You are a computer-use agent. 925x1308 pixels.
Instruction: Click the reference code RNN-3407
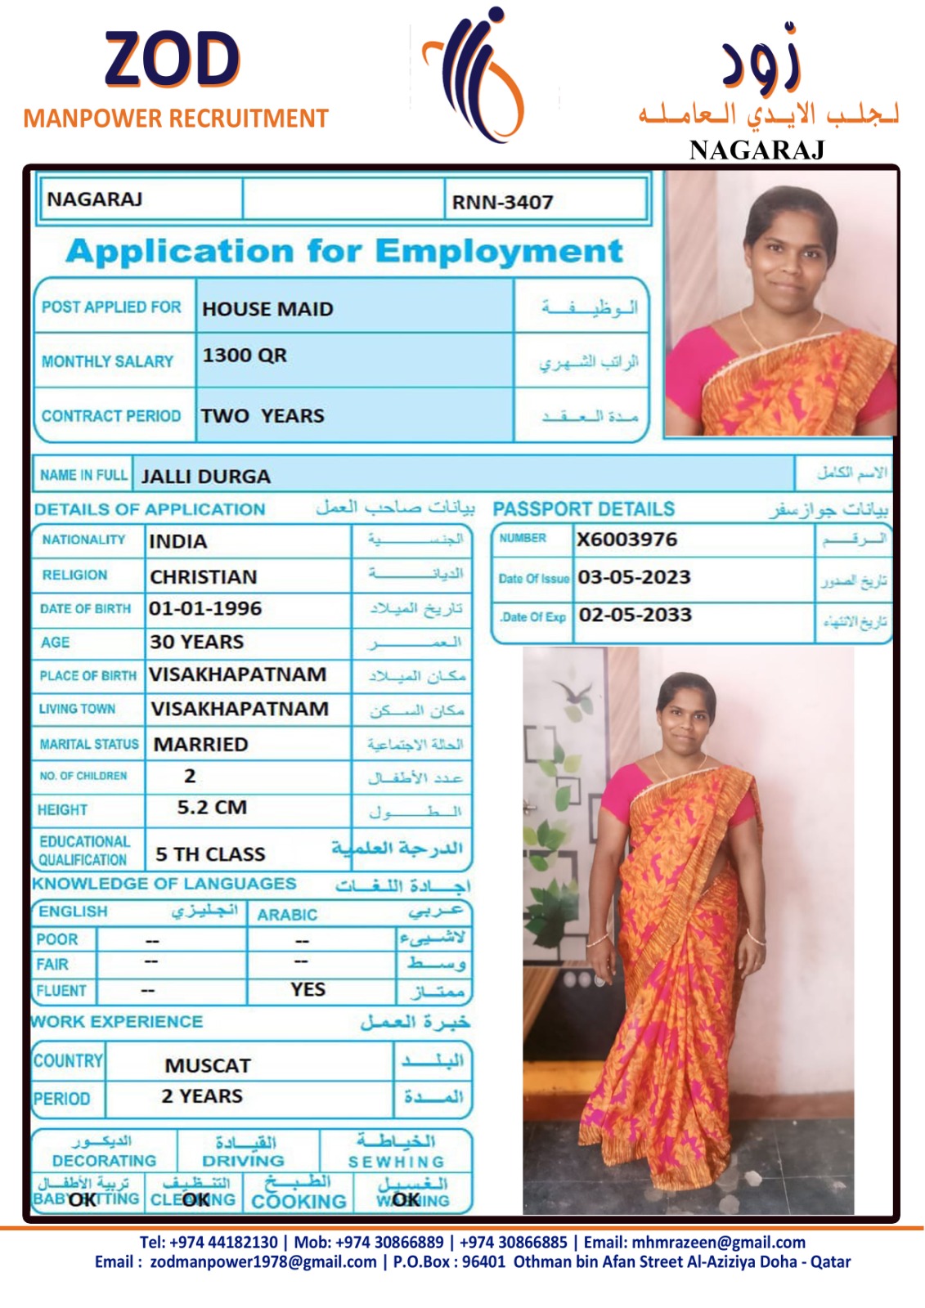point(502,202)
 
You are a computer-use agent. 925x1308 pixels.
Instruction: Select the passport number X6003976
point(626,540)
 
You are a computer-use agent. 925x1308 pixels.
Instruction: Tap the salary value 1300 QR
point(245,356)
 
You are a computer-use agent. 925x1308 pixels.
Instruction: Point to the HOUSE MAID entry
point(267,309)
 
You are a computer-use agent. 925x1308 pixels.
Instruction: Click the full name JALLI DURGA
point(205,477)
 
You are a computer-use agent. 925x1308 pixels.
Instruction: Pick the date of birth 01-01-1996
point(205,609)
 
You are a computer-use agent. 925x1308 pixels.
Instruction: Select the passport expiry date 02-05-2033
point(635,615)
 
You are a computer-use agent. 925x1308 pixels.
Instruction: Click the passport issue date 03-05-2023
point(634,577)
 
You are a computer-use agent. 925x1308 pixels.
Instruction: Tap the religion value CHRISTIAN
point(203,577)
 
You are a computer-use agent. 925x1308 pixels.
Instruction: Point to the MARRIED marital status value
point(200,745)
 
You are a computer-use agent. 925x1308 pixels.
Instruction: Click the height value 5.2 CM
point(212,808)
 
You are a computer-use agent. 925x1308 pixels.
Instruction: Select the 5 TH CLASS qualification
point(210,854)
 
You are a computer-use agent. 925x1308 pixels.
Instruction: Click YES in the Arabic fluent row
point(308,990)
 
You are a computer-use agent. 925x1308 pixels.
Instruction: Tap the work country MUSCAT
point(208,1066)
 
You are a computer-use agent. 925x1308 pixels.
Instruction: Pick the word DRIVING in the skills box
point(243,1161)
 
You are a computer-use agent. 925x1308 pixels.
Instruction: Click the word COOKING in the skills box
point(299,1202)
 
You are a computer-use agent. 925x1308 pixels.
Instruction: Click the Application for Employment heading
point(344,251)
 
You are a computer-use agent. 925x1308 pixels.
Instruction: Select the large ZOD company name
point(172,60)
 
